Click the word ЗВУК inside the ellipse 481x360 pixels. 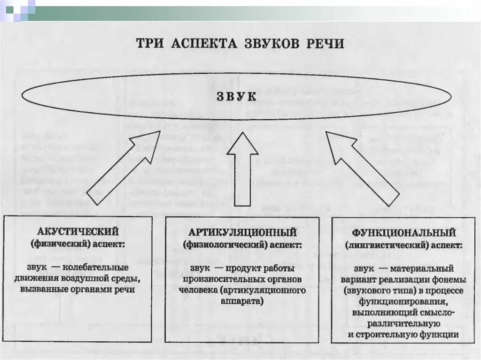click(x=236, y=97)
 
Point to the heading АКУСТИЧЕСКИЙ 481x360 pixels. click(x=78, y=232)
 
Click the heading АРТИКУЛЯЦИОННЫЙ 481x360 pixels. click(x=242, y=232)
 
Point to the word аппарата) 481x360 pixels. click(x=242, y=300)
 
